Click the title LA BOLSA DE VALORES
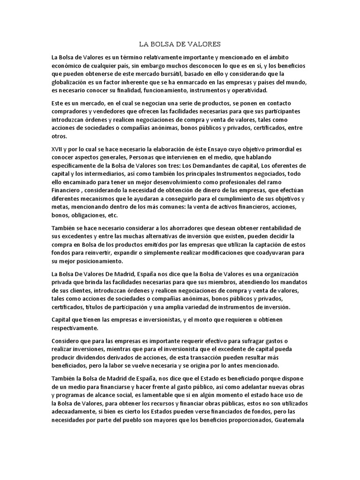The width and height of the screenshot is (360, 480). (180, 45)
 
